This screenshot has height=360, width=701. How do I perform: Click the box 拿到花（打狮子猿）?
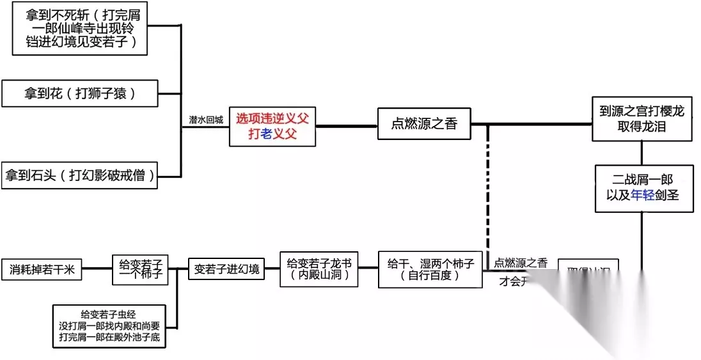coord(80,94)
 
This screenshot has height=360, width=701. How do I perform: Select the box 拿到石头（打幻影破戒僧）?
coord(80,175)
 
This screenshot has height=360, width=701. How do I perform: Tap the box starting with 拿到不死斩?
coord(80,31)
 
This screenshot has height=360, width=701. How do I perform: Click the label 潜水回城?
coord(206,120)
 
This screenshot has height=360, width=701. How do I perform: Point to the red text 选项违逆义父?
coord(272,118)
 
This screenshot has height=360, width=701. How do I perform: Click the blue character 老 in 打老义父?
coord(267,134)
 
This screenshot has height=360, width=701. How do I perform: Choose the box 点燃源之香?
coord(424,124)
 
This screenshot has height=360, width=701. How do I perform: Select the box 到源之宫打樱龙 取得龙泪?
coord(642,119)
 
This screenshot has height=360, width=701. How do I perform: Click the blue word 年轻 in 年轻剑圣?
coord(643,196)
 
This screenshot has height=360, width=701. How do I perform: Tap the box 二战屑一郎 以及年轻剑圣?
coord(642,188)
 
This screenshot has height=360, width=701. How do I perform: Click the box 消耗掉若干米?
coord(42,270)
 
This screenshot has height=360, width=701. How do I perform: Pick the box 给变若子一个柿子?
coord(140,269)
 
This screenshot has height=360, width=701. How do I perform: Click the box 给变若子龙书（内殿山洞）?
coord(319,269)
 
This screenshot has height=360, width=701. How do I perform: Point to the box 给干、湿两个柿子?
coord(430,269)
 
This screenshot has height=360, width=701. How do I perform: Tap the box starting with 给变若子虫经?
coord(111,326)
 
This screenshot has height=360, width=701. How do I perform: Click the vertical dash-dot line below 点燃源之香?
coord(488,192)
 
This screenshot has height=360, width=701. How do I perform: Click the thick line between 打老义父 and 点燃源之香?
coord(346,125)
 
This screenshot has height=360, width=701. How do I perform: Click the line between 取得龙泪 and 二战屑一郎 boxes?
coord(642,152)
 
